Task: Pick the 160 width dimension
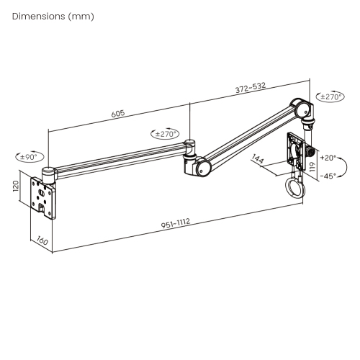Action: point(42,241)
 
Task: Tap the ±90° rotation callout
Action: point(30,156)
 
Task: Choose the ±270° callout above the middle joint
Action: point(166,133)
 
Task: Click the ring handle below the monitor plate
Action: point(295,190)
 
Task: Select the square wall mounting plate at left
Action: point(45,195)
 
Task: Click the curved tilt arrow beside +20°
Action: point(343,167)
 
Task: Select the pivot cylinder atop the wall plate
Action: point(49,172)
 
